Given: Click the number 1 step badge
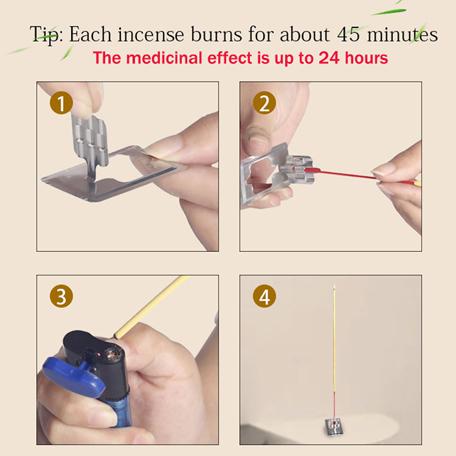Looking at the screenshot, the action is point(61,103).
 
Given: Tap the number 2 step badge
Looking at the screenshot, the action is point(264,103).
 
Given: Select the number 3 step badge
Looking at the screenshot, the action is point(61,296).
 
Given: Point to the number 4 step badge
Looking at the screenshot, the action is point(264,296).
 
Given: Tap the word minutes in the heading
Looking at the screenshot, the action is point(402,34).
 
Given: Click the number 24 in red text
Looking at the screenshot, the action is point(329,58).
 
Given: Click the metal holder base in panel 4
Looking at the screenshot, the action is point(335,426).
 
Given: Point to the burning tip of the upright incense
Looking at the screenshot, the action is point(335,287).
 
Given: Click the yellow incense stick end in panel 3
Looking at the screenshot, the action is point(118,335).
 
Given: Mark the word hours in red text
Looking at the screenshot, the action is point(367,58).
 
